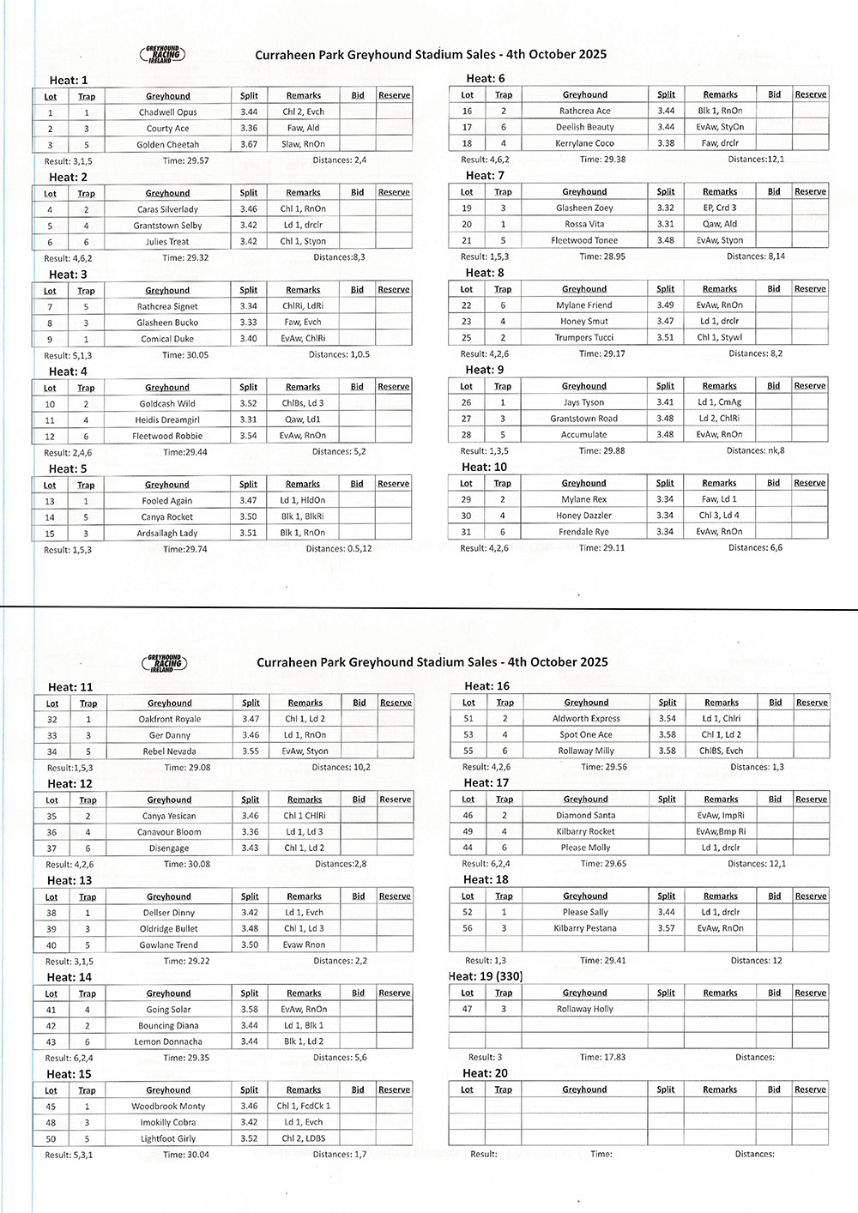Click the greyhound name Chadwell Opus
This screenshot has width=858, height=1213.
(167, 112)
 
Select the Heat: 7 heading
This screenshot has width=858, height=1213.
(485, 175)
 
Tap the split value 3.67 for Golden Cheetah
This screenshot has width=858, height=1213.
(249, 145)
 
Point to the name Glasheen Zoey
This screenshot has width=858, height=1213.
(584, 208)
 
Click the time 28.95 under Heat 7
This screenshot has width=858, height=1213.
(602, 256)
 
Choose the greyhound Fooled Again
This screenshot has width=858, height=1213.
(167, 501)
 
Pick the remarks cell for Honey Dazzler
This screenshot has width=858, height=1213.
(719, 516)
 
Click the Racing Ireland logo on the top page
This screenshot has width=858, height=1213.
(162, 55)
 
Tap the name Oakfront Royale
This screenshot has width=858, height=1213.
(170, 719)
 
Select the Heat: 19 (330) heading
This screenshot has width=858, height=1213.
(485, 976)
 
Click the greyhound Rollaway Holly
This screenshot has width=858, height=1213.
(585, 1009)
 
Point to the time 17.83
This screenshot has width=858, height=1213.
(603, 1058)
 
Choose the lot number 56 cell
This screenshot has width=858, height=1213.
(468, 928)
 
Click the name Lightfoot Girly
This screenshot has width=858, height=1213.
(168, 1139)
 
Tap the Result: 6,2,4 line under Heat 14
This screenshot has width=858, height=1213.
(69, 1059)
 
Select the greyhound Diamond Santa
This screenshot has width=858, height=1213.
(585, 816)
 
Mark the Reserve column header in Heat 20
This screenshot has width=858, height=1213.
(810, 1089)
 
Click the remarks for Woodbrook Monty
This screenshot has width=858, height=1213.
(304, 1107)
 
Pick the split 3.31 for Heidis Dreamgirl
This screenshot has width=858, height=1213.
(249, 420)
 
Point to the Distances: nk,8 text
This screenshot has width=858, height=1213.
(755, 450)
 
